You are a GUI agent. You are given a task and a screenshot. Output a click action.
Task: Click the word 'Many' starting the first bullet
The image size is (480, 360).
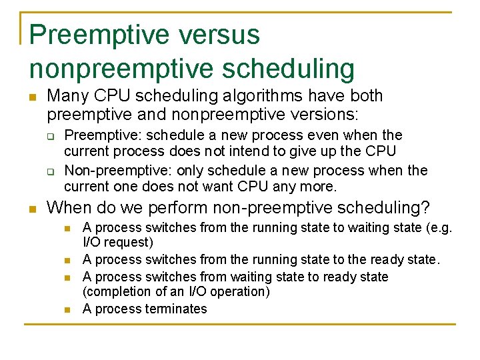point(66,96)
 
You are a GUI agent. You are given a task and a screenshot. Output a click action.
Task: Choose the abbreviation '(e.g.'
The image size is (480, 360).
point(439,227)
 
